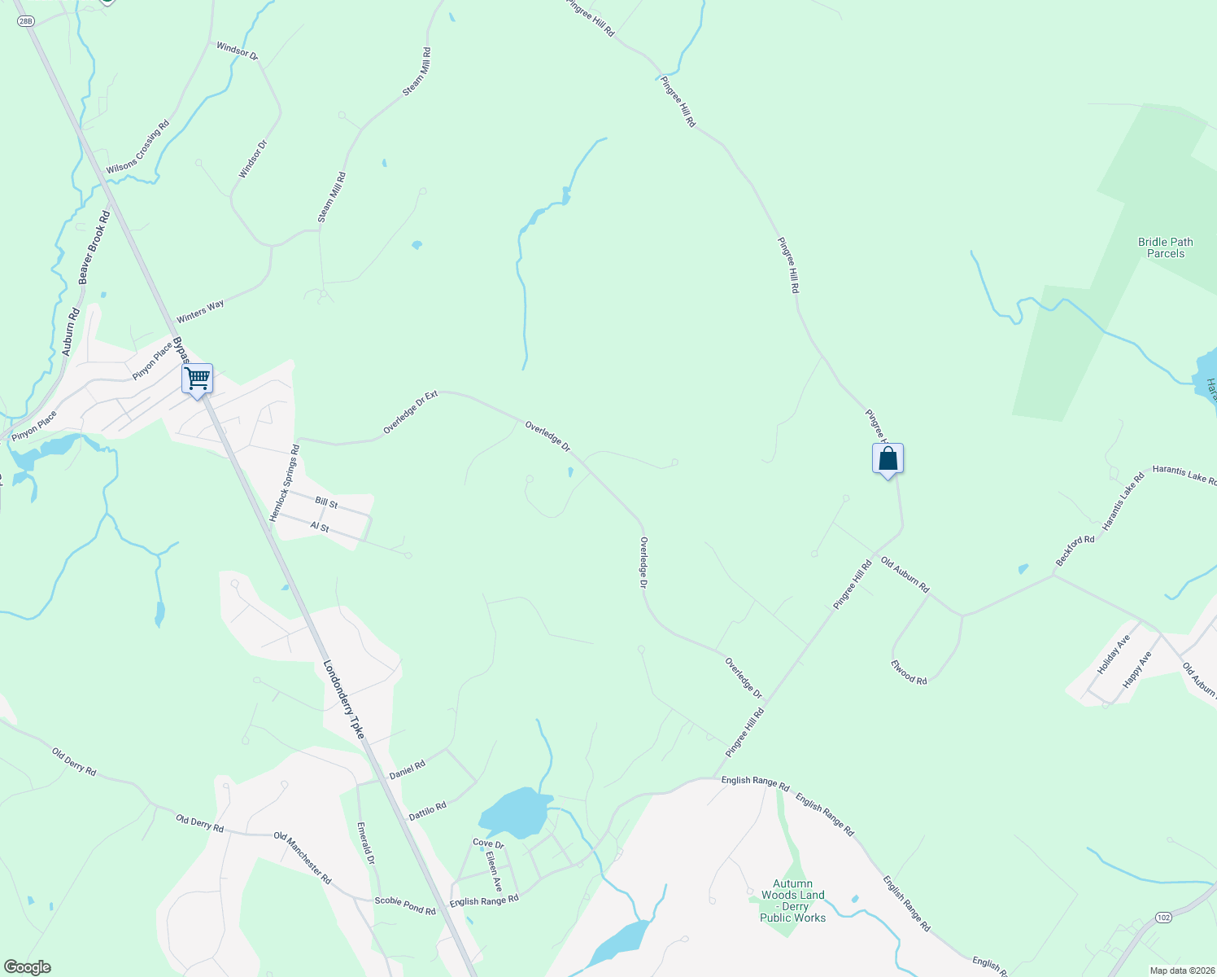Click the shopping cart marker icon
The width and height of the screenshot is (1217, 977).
197,379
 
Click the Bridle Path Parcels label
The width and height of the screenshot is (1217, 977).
1165,248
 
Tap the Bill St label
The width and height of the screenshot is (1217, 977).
326,503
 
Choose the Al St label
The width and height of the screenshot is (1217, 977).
320,528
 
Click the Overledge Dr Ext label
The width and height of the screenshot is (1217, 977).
410,412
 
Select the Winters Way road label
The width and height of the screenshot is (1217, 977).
201,311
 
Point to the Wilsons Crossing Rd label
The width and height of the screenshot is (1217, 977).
137,147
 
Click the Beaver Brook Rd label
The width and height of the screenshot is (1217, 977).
94,248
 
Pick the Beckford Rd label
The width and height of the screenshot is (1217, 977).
1075,551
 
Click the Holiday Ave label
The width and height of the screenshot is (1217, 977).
1114,655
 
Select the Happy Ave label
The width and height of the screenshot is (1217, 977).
1137,670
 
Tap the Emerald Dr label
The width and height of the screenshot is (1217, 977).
366,843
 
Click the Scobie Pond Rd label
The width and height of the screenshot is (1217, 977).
405,905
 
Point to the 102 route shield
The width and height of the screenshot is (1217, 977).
1163,918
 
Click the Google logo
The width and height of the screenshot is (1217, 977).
27,967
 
